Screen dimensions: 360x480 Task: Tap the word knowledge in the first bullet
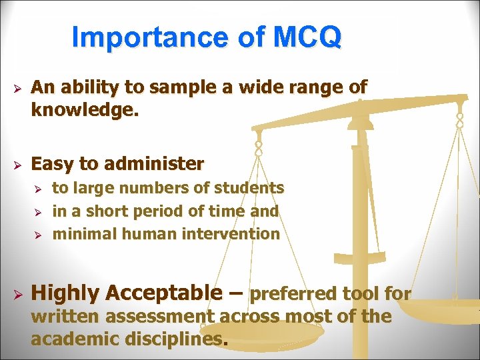click(84, 109)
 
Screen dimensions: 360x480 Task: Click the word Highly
click(65, 293)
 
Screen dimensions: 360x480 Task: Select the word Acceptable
click(174, 293)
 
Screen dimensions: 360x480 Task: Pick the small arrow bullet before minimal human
click(39, 235)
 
